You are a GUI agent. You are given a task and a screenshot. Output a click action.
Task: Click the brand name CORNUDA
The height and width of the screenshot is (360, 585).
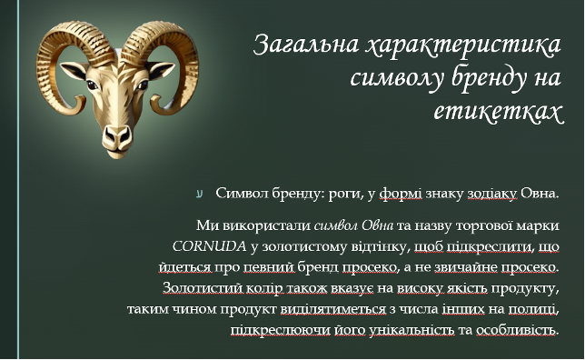[209, 246]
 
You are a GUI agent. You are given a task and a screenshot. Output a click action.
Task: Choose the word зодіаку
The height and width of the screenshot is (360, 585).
[492, 194]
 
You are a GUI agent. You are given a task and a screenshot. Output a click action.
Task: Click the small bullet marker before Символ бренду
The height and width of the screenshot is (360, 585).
[200, 194]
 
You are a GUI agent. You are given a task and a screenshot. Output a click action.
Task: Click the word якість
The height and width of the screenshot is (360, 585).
[469, 288]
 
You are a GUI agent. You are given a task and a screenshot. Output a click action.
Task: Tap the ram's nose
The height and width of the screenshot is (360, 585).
[117, 135]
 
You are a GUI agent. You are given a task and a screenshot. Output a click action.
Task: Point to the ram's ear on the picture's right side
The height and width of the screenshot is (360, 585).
[161, 69]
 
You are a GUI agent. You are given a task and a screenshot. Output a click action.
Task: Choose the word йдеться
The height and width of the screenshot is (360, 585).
[186, 268]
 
